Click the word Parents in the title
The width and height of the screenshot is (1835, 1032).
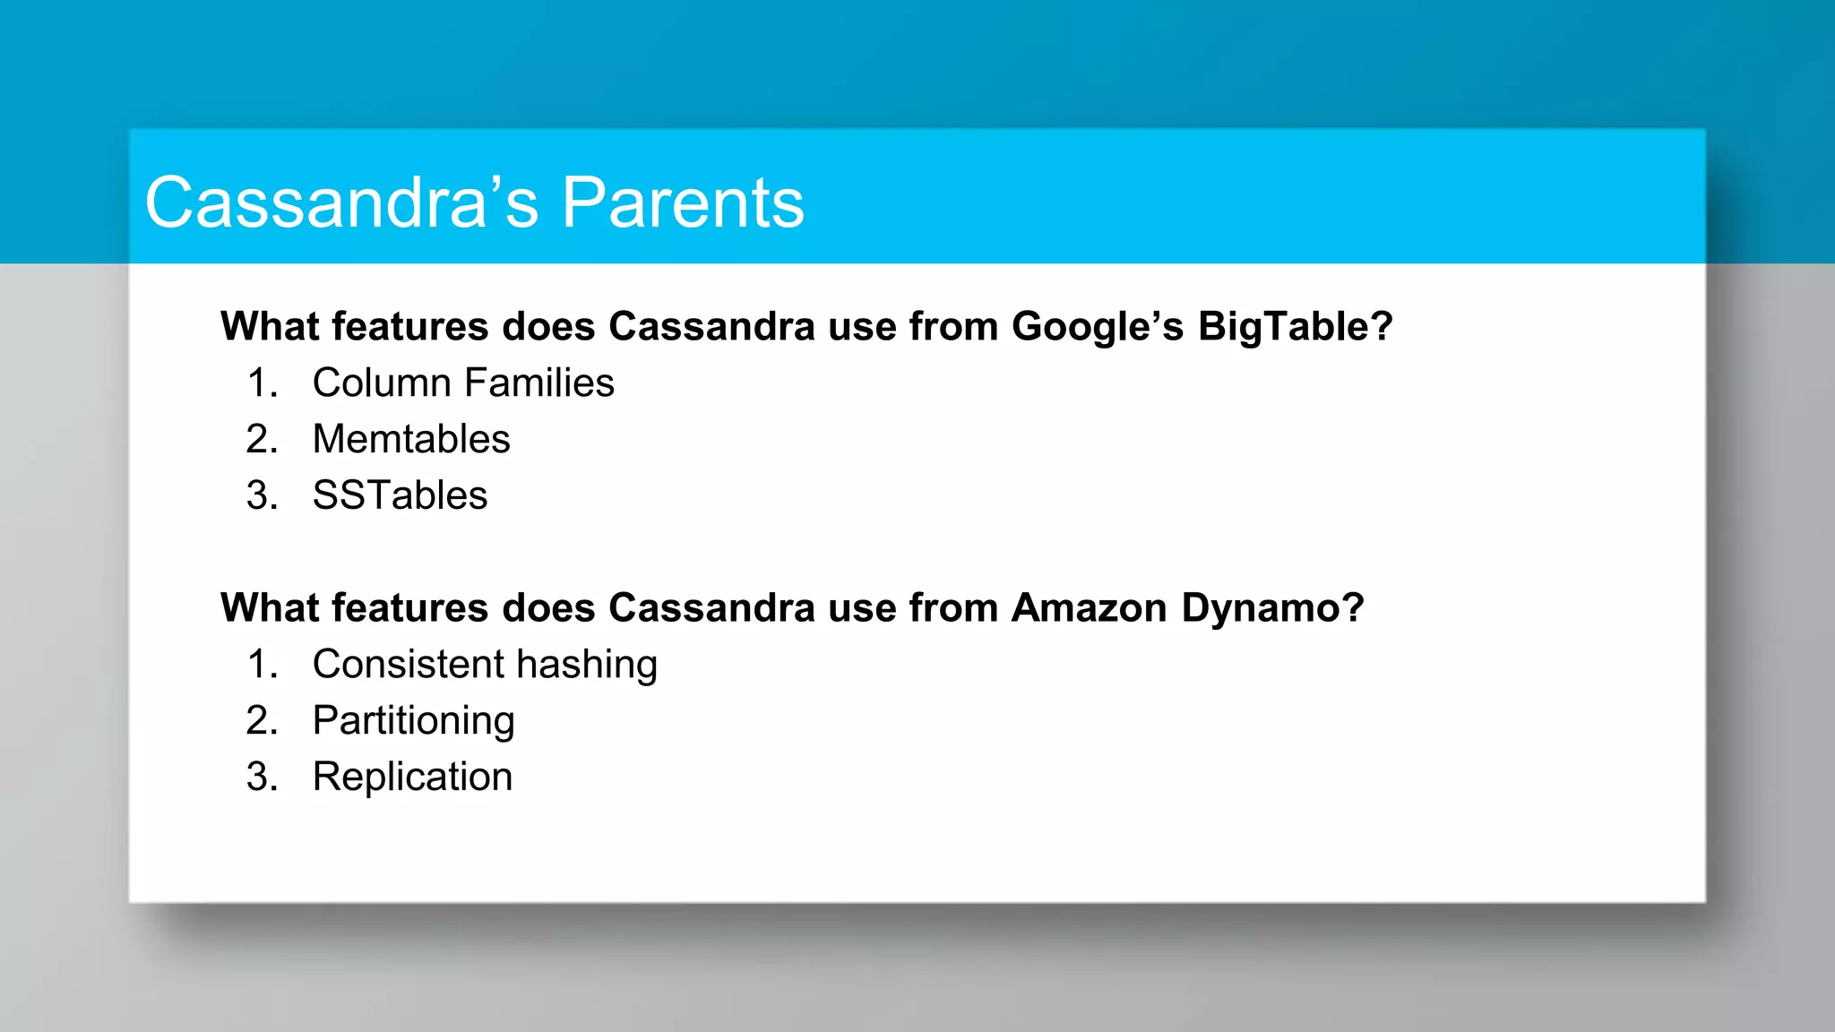[683, 203]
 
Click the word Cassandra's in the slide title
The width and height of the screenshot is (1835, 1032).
[341, 203]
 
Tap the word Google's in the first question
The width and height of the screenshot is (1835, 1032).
[1098, 326]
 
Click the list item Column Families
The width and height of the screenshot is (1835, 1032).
[462, 383]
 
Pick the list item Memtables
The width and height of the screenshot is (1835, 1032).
[410, 440]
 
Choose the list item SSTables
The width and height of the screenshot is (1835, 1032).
[400, 495]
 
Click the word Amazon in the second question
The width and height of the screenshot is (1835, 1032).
[1089, 608]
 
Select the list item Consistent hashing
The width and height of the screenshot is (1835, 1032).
[485, 665]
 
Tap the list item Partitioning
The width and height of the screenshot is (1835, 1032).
[413, 721]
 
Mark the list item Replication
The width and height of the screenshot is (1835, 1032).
[412, 777]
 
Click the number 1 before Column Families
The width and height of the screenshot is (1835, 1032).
[258, 383]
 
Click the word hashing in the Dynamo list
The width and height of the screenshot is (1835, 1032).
[586, 665]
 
